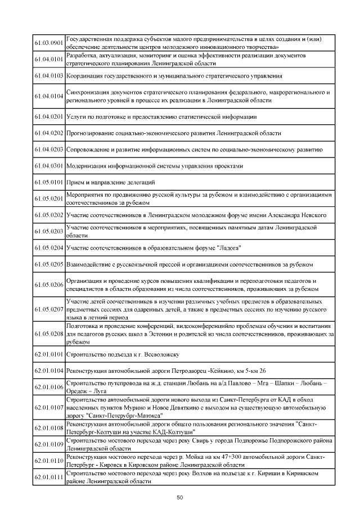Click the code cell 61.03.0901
(49, 43)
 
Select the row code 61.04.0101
(49, 59)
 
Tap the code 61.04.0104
(49, 96)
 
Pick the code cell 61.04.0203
(49, 150)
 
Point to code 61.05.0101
(49, 182)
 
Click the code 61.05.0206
(49, 285)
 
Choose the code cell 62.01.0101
(49, 355)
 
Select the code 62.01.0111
(49, 477)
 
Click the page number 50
(180, 497)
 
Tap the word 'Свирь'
(203, 442)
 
